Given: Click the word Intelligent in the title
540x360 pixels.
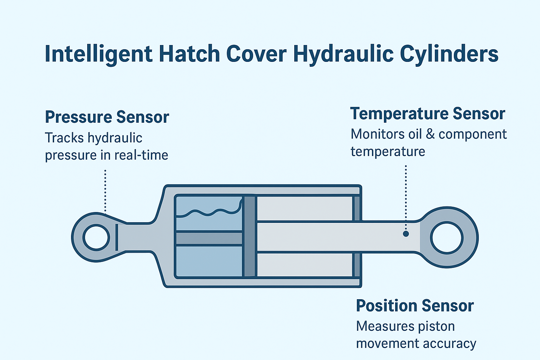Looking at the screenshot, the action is tap(98, 54).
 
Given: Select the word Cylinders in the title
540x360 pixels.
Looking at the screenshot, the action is tap(449, 54).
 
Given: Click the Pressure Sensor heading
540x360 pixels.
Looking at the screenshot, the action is tap(107, 117).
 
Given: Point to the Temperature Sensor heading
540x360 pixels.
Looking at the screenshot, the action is tap(427, 114).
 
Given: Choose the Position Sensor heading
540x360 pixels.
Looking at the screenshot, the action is tap(415, 306).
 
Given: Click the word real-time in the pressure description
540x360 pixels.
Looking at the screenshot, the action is tap(141, 155).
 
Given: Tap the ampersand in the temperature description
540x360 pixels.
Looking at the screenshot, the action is tap(430, 134).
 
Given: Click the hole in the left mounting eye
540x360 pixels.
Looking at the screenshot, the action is tap(96, 238).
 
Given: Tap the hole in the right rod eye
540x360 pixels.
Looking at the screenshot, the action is tap(447, 238).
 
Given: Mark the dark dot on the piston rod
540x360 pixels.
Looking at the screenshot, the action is tap(406, 234).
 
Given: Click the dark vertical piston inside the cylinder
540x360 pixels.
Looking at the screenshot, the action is tap(250, 237).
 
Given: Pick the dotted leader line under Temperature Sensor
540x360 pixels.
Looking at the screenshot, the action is tap(406, 198).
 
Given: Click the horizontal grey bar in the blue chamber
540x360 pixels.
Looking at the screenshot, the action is tap(209, 238).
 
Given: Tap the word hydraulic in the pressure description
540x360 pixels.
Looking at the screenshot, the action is tap(115, 138).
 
